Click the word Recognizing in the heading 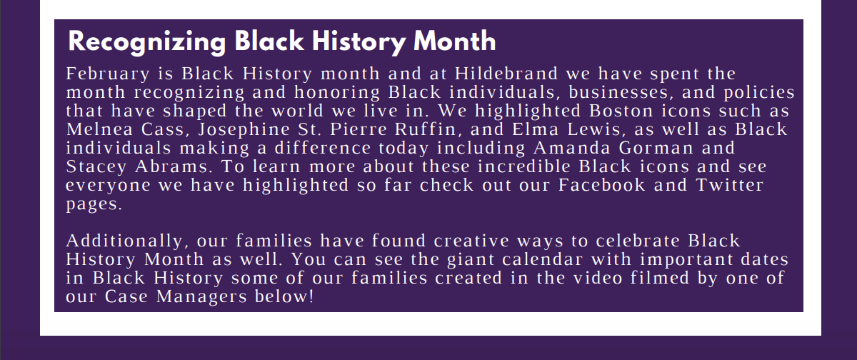pyautogui.click(x=147, y=42)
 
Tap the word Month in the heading pyautogui.click(x=454, y=41)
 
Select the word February pyautogui.click(x=108, y=74)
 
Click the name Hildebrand pyautogui.click(x=506, y=74)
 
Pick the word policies pyautogui.click(x=759, y=93)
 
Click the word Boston pyautogui.click(x=621, y=111)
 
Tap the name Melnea pyautogui.click(x=99, y=129)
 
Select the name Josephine pyautogui.click(x=244, y=130)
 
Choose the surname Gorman pyautogui.click(x=656, y=148)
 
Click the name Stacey pyautogui.click(x=96, y=167)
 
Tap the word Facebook pyautogui.click(x=602, y=185)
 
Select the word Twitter pyautogui.click(x=730, y=185)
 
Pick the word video pyautogui.click(x=598, y=278)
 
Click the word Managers pyautogui.click(x=201, y=297)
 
